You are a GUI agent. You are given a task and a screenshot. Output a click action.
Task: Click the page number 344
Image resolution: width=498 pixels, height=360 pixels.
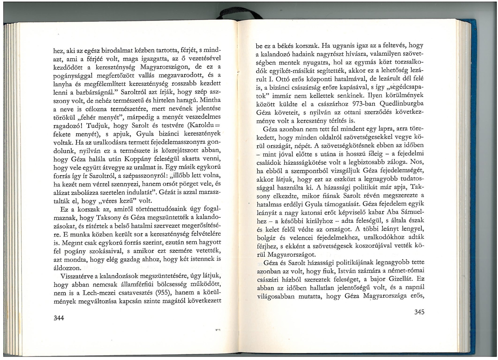58,318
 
